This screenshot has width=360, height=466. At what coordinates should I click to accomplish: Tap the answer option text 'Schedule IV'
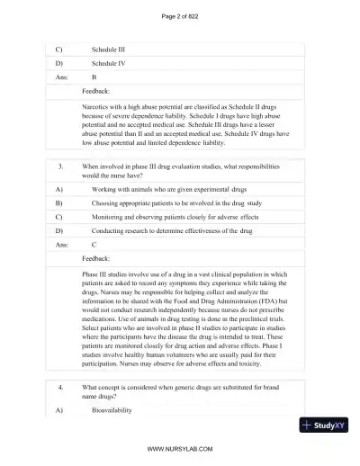pyautogui.click(x=109, y=64)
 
